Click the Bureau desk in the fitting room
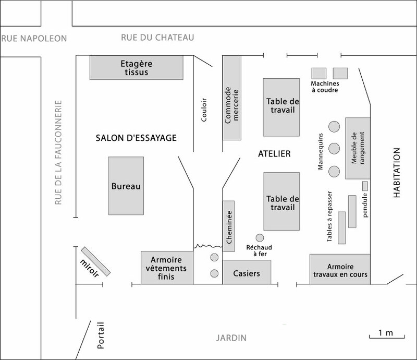pos(126,186)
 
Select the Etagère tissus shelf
pos(137,67)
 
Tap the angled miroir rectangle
pos(96,261)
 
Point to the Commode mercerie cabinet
pos(232,98)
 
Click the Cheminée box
pos(229,226)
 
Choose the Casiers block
pos(247,272)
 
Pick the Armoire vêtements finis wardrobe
pos(167,268)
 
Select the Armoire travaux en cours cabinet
pos(340,269)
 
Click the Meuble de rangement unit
pos(358,148)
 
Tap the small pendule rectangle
pos(365,186)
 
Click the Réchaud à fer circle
pos(260,238)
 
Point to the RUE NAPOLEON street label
pos(34,39)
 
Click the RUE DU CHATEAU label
pos(157,38)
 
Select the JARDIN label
pos(231,338)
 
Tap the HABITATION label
pos(397,173)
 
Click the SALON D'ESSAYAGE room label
pos(136,138)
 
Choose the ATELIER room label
pos(275,153)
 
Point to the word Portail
pos(101,335)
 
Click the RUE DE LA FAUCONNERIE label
pos(58,152)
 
